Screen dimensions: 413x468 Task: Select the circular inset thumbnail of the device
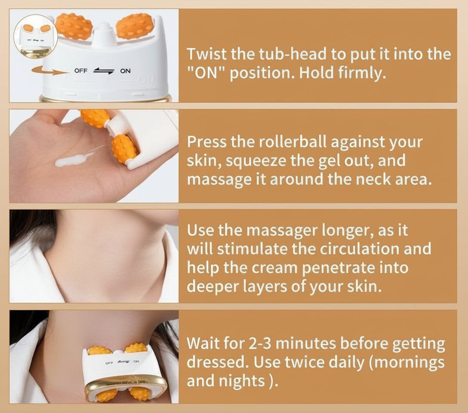pyautogui.click(x=36, y=36)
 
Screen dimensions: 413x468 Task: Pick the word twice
pyautogui.click(x=303, y=362)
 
